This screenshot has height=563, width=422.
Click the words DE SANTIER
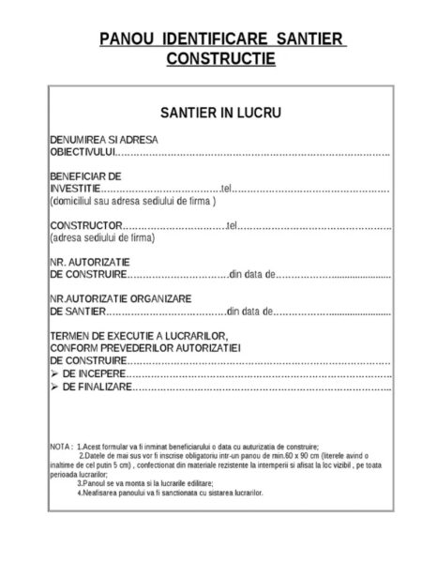tap(78, 311)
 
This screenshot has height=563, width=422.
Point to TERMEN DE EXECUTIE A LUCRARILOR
tap(140, 335)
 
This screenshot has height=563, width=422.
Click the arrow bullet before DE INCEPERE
tap(54, 373)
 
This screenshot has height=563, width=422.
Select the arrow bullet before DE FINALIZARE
tap(54, 385)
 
